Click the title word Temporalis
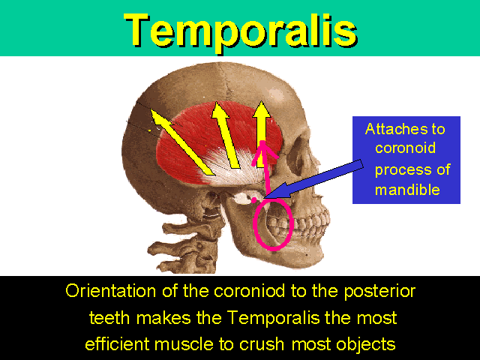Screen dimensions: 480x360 [x=241, y=31]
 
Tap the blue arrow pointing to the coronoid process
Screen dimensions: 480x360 [x=313, y=180]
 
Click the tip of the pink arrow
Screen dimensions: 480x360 [x=262, y=142]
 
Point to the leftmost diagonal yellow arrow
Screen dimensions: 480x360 [x=182, y=142]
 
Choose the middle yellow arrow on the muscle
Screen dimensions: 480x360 [x=226, y=135]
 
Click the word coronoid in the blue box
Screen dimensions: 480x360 [x=405, y=148]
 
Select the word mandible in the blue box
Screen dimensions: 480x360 [x=407, y=190]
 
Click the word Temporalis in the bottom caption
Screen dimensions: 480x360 [x=274, y=318]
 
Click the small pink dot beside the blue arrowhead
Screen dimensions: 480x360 [x=253, y=200]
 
